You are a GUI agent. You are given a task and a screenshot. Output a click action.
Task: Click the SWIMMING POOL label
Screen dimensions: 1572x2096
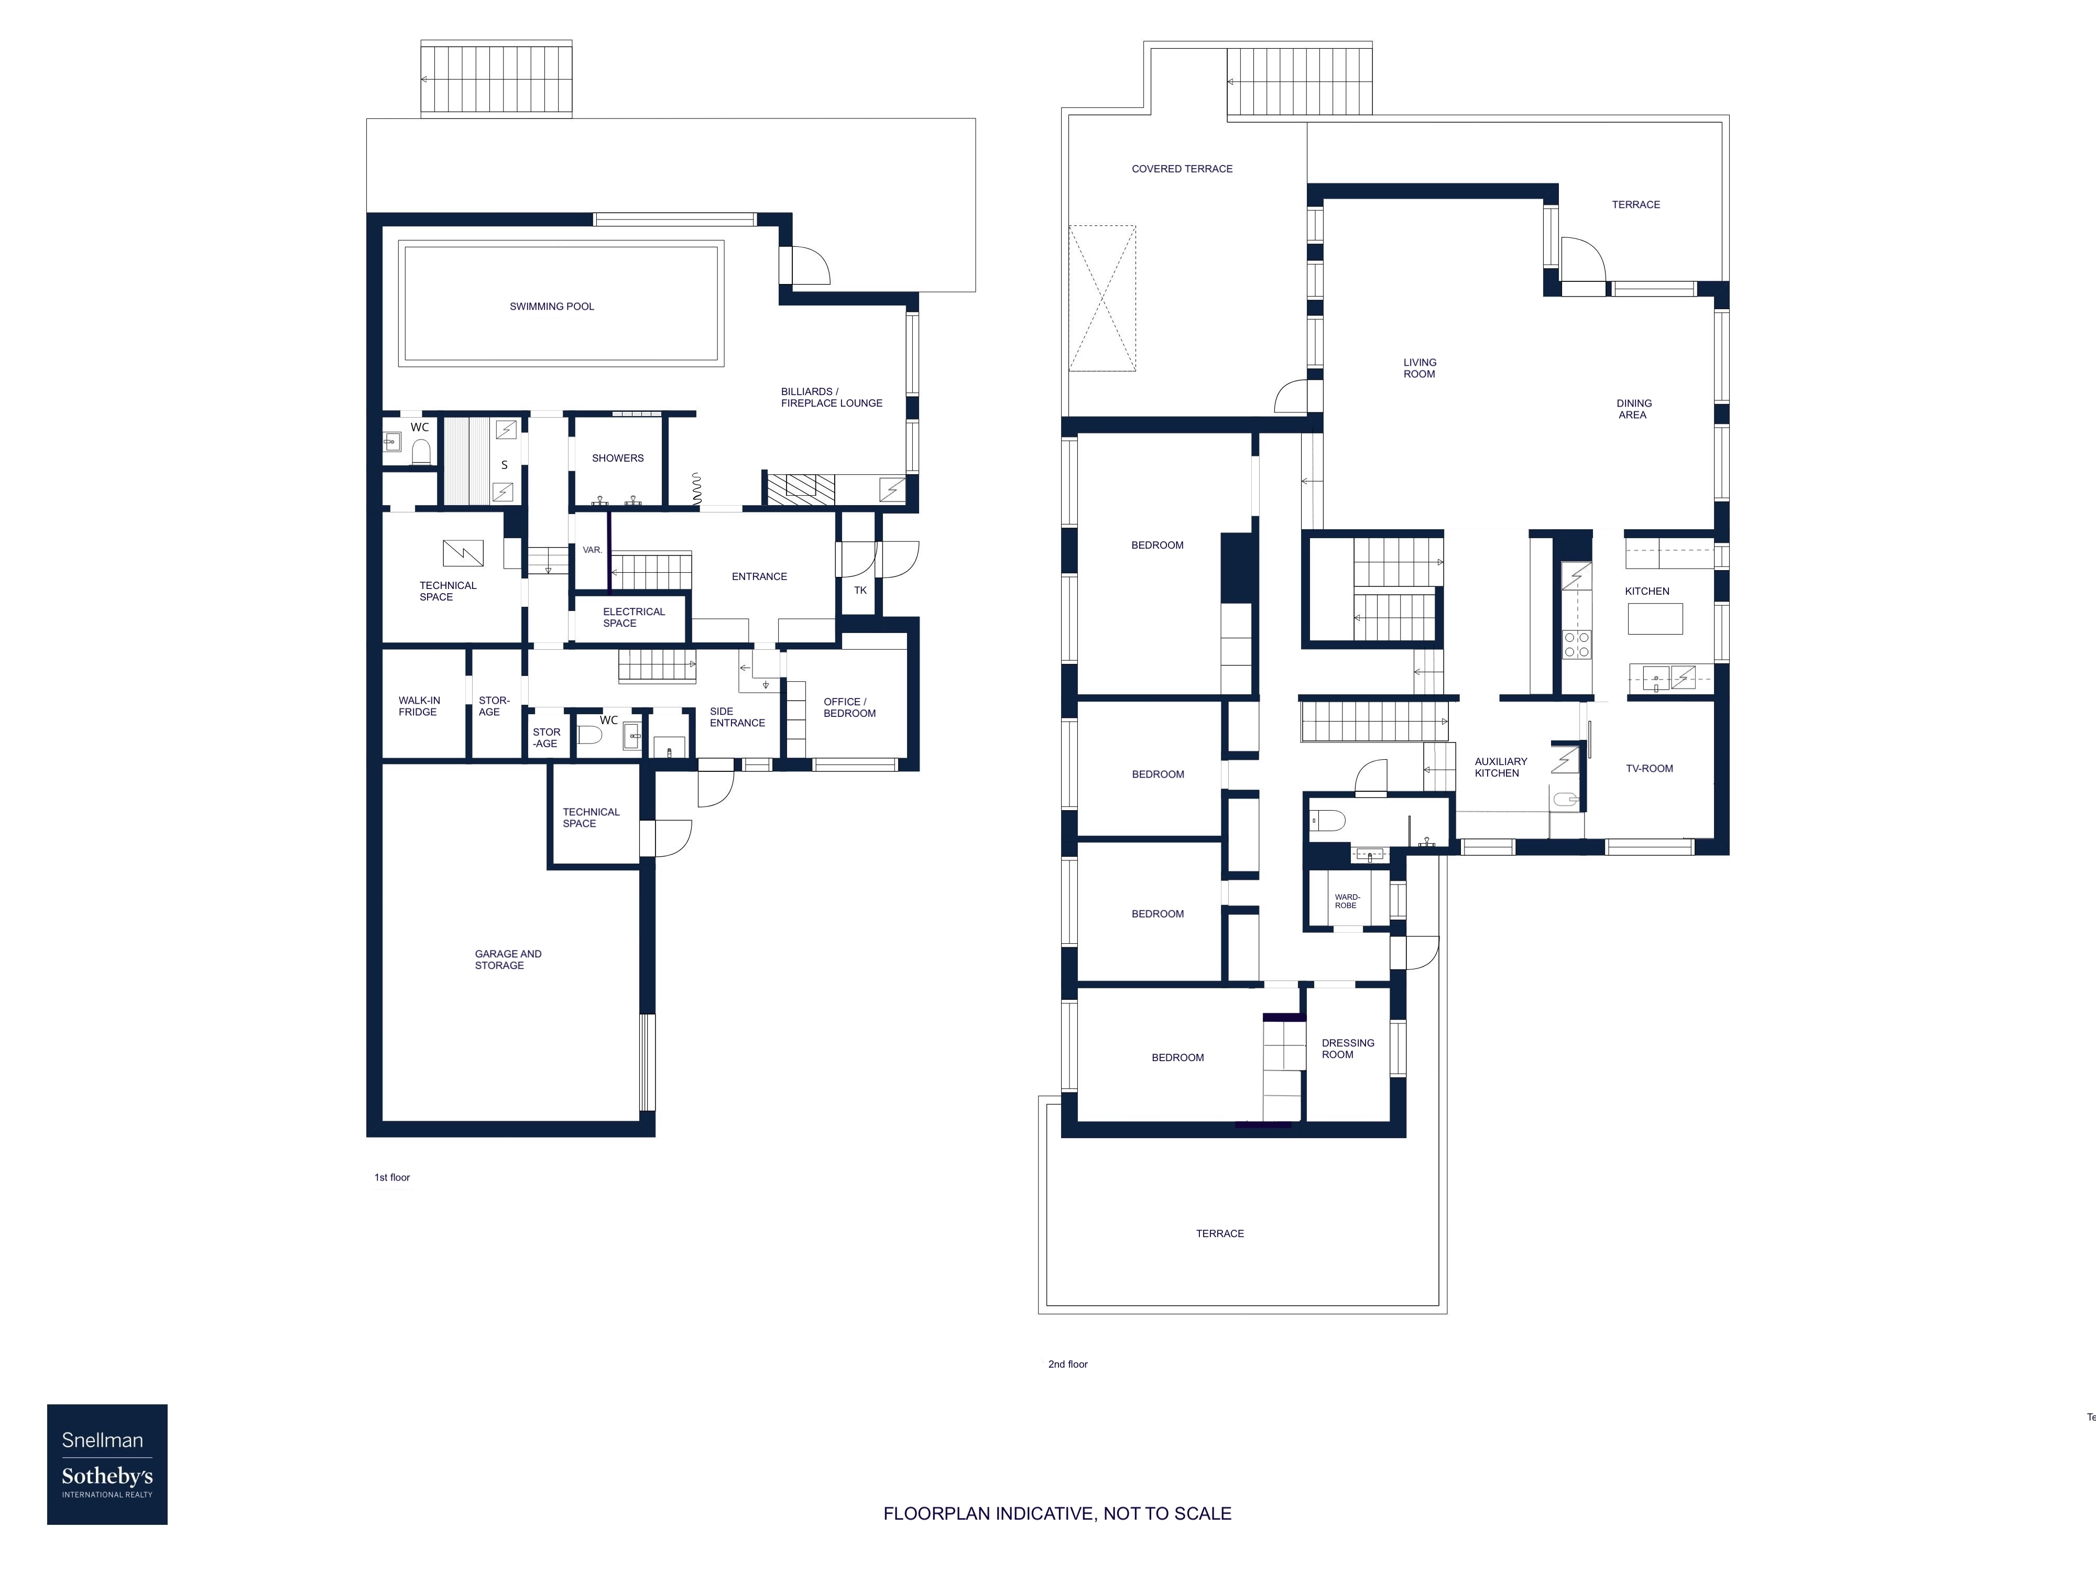pyautogui.click(x=551, y=306)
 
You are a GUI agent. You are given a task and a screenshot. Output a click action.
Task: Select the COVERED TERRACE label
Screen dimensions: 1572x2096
pyautogui.click(x=1182, y=169)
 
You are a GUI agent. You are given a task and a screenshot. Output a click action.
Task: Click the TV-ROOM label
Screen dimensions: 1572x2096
pyautogui.click(x=1649, y=769)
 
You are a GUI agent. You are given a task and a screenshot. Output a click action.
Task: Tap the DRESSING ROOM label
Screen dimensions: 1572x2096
pyautogui.click(x=1347, y=1048)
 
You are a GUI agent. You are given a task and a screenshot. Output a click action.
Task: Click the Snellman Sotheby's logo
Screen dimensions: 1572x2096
pyautogui.click(x=107, y=1464)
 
